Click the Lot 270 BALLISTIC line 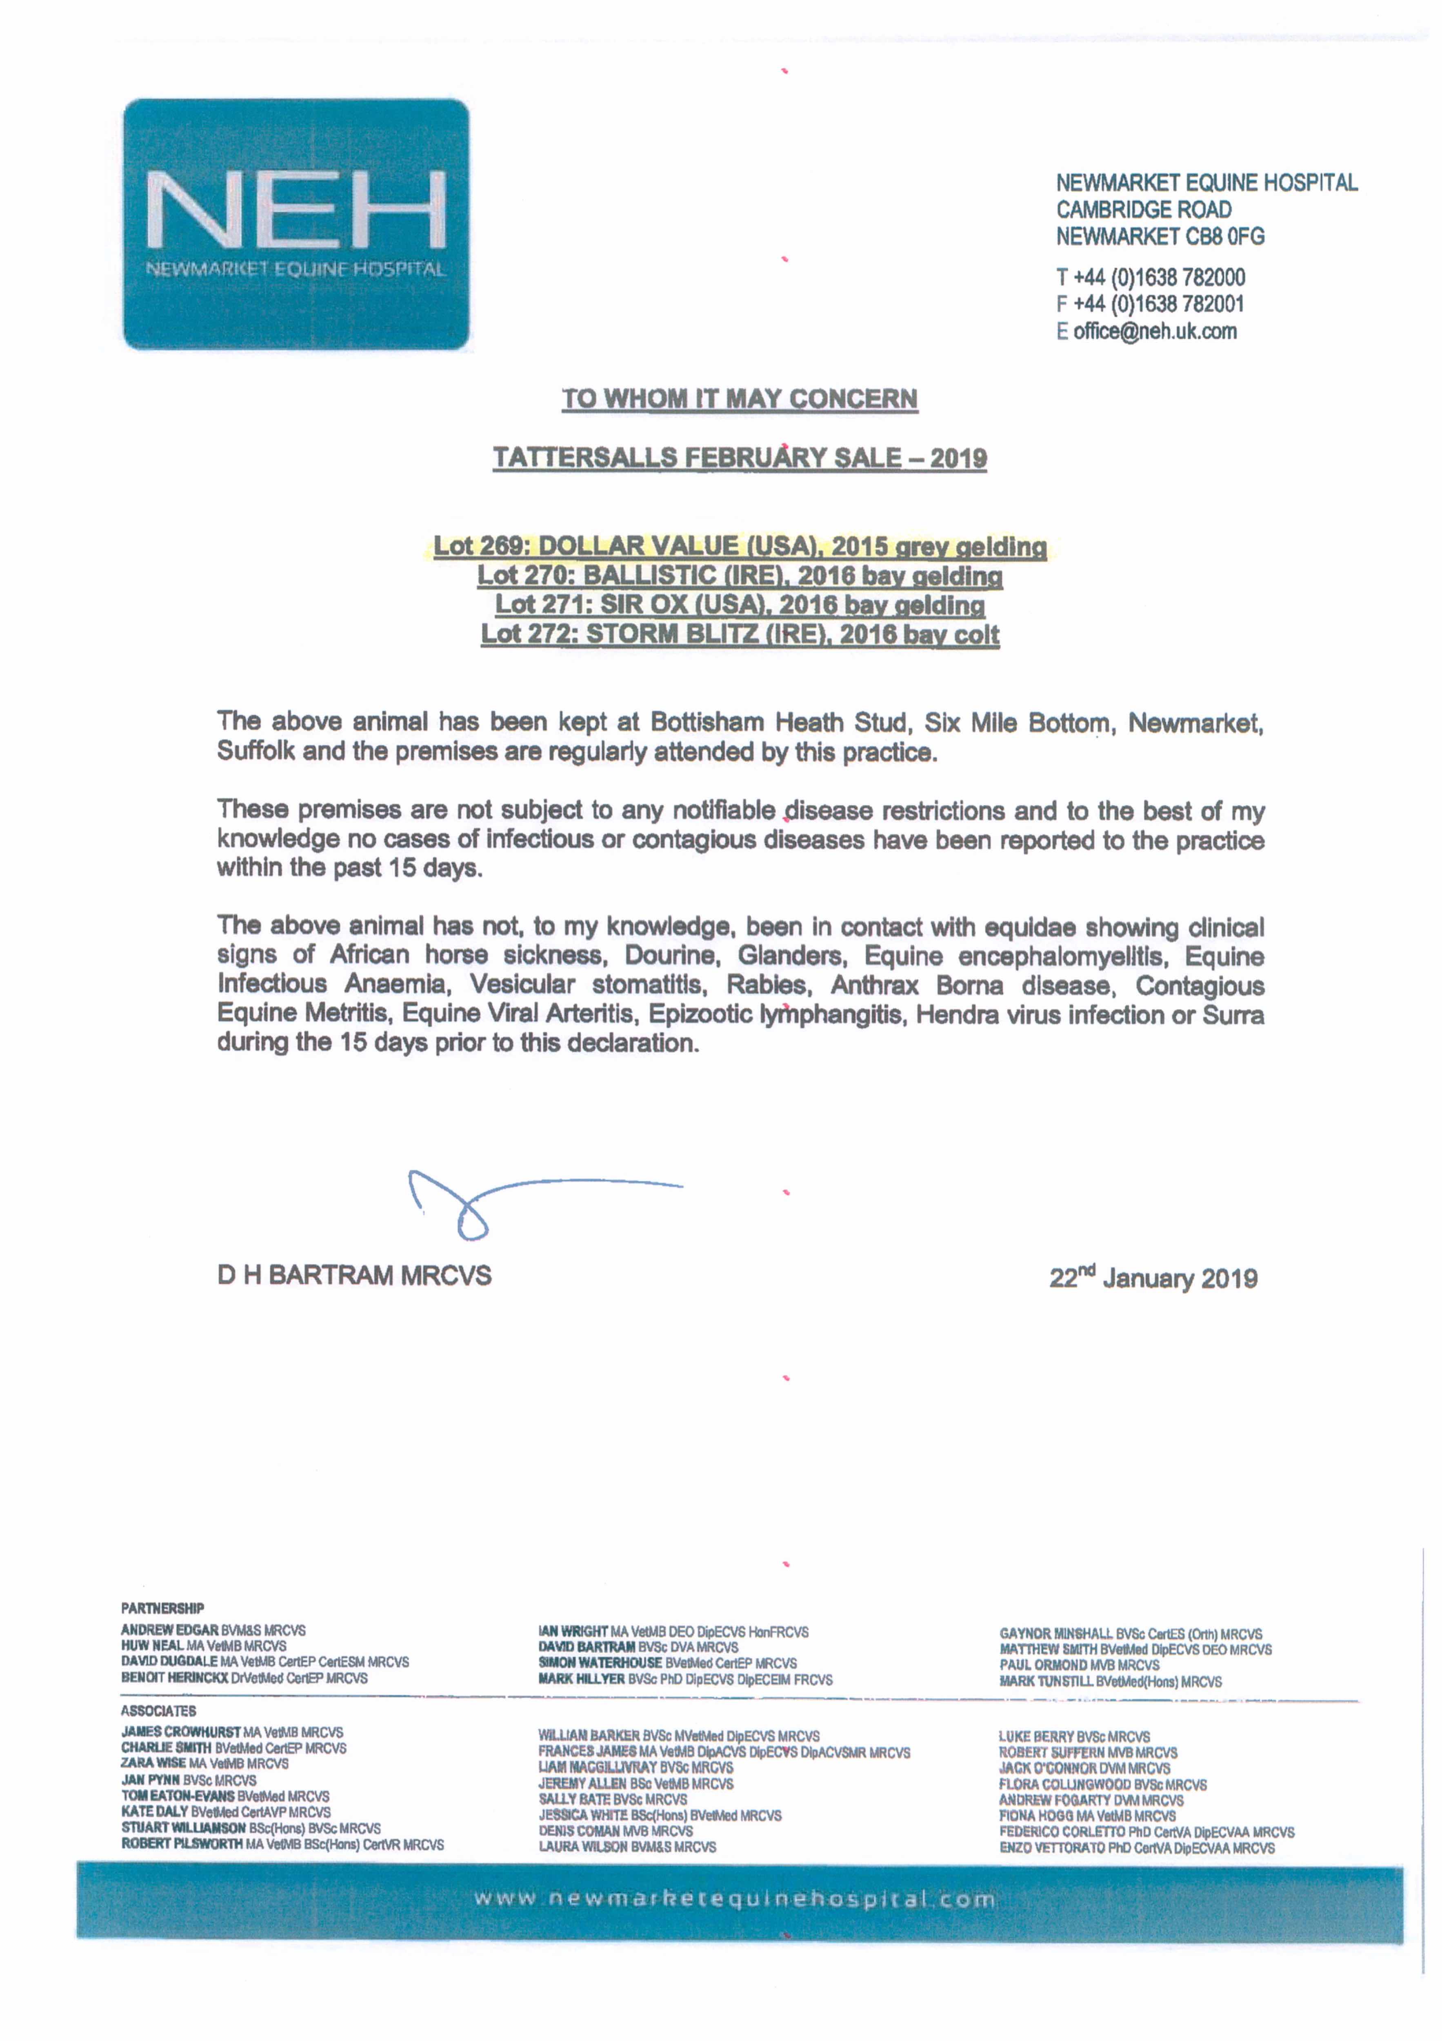click(x=740, y=576)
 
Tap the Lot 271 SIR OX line click(x=740, y=605)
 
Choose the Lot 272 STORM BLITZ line click(x=740, y=635)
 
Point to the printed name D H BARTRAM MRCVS click(x=354, y=1276)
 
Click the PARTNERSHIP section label click(x=163, y=1608)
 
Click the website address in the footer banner click(x=734, y=1900)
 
